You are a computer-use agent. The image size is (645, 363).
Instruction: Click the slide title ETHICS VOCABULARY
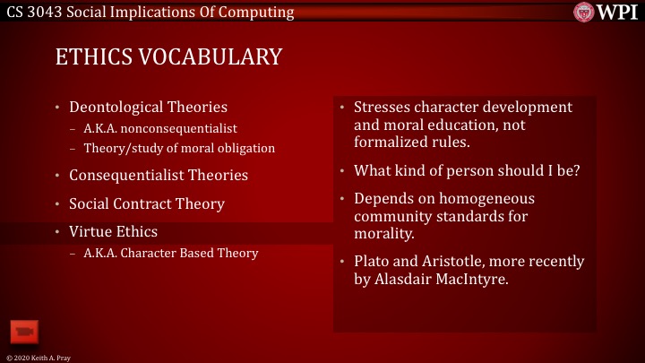pyautogui.click(x=168, y=57)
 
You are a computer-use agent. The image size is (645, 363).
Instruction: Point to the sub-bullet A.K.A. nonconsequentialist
pyautogui.click(x=159, y=128)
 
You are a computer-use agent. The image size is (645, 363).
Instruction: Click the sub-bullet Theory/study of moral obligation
pyautogui.click(x=178, y=147)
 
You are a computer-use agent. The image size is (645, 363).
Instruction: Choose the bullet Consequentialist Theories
pyautogui.click(x=159, y=174)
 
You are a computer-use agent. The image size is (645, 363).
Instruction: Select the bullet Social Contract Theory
pyautogui.click(x=147, y=203)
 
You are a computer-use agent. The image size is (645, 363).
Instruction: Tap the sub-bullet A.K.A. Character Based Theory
pyautogui.click(x=170, y=253)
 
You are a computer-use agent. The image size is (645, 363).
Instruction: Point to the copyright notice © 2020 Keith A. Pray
pyautogui.click(x=39, y=357)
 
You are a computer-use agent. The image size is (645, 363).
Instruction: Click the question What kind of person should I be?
pyautogui.click(x=467, y=169)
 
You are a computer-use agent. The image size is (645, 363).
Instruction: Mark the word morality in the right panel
pyautogui.click(x=383, y=234)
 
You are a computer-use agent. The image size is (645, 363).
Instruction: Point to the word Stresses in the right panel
pyautogui.click(x=383, y=108)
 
